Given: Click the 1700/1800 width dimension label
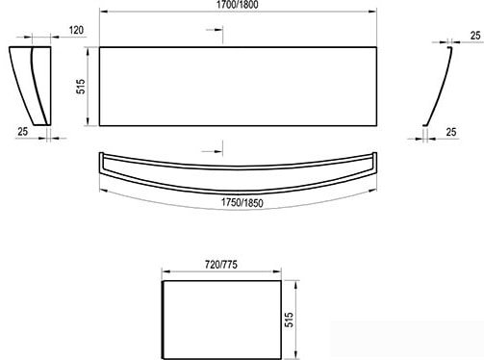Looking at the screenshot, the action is click(x=238, y=5).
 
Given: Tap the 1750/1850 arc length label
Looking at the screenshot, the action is click(x=242, y=203).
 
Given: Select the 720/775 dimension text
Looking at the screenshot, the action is click(x=221, y=265).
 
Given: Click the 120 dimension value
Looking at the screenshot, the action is click(x=76, y=30).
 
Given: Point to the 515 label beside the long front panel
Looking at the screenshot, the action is click(x=82, y=87).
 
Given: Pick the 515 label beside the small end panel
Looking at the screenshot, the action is click(x=289, y=320).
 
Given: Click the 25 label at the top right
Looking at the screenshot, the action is click(x=475, y=36).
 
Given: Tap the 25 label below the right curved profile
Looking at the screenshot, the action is click(x=451, y=132).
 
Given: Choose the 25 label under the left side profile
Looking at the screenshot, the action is click(x=22, y=131).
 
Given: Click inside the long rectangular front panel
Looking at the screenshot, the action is click(x=238, y=87).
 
